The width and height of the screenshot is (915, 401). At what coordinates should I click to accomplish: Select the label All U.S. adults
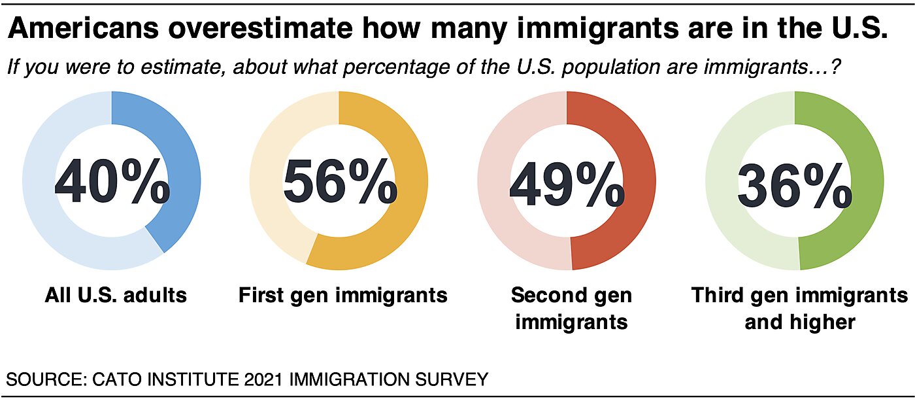(116, 295)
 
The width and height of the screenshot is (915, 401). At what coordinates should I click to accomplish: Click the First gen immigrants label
(342, 295)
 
